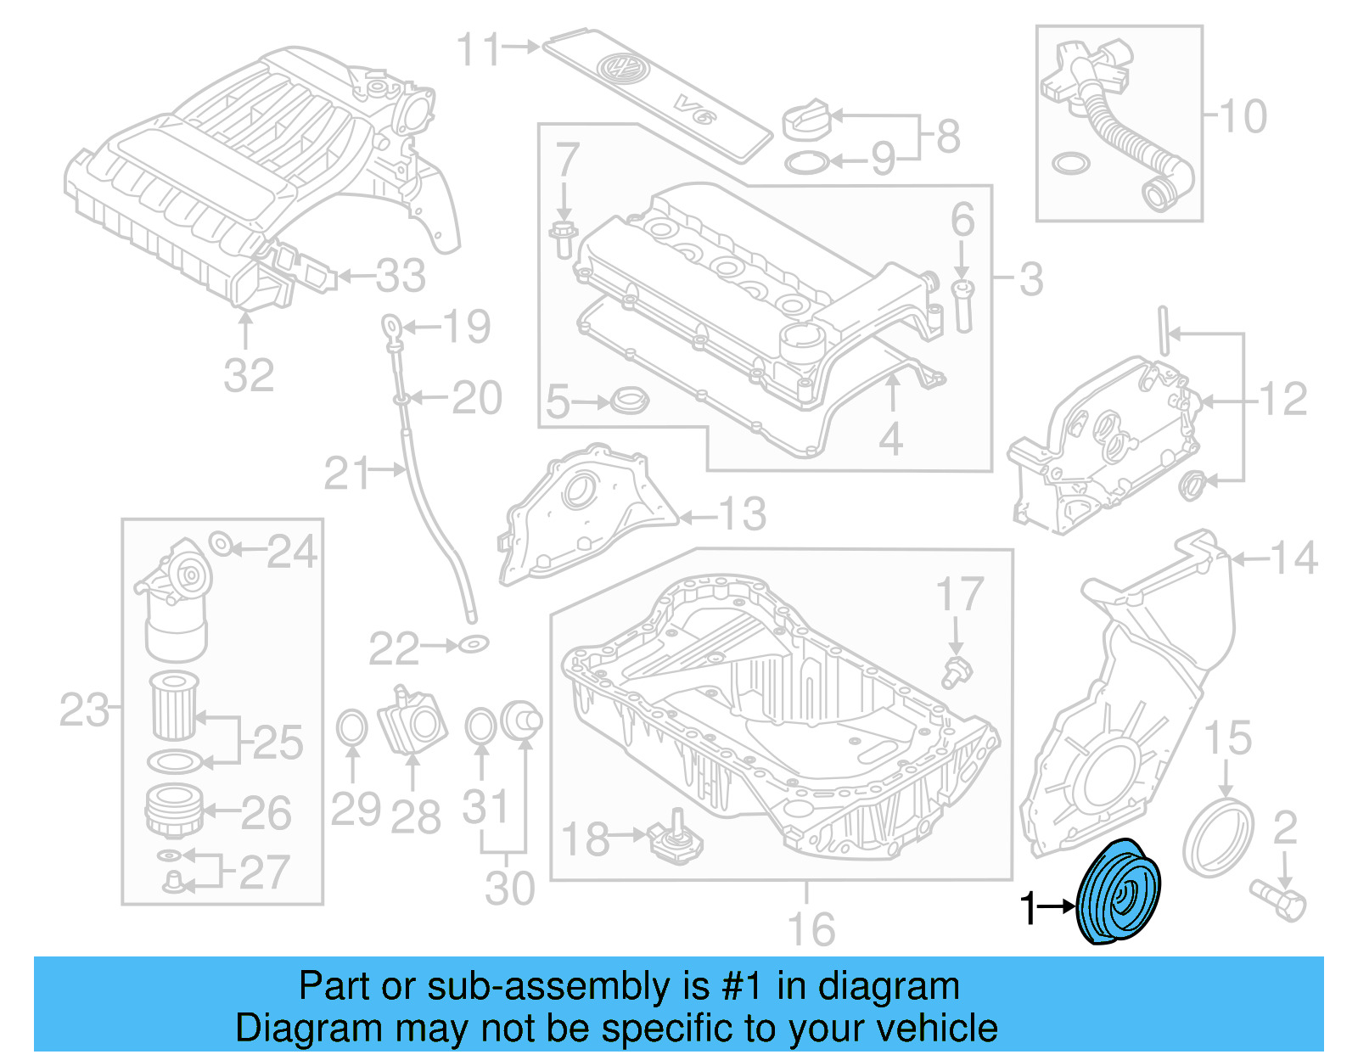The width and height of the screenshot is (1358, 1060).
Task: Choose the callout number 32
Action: (249, 375)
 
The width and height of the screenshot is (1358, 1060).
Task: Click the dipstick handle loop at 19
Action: (389, 324)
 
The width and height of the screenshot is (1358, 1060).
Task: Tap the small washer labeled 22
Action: (474, 645)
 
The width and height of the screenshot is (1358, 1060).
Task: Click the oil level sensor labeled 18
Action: (676, 840)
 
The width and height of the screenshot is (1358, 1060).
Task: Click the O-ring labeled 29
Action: (352, 728)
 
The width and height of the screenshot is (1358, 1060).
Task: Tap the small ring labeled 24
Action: (220, 543)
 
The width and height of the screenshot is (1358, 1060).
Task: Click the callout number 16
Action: (811, 929)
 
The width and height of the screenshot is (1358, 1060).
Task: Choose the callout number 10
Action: (1243, 116)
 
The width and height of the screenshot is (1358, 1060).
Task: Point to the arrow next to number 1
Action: (1057, 906)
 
